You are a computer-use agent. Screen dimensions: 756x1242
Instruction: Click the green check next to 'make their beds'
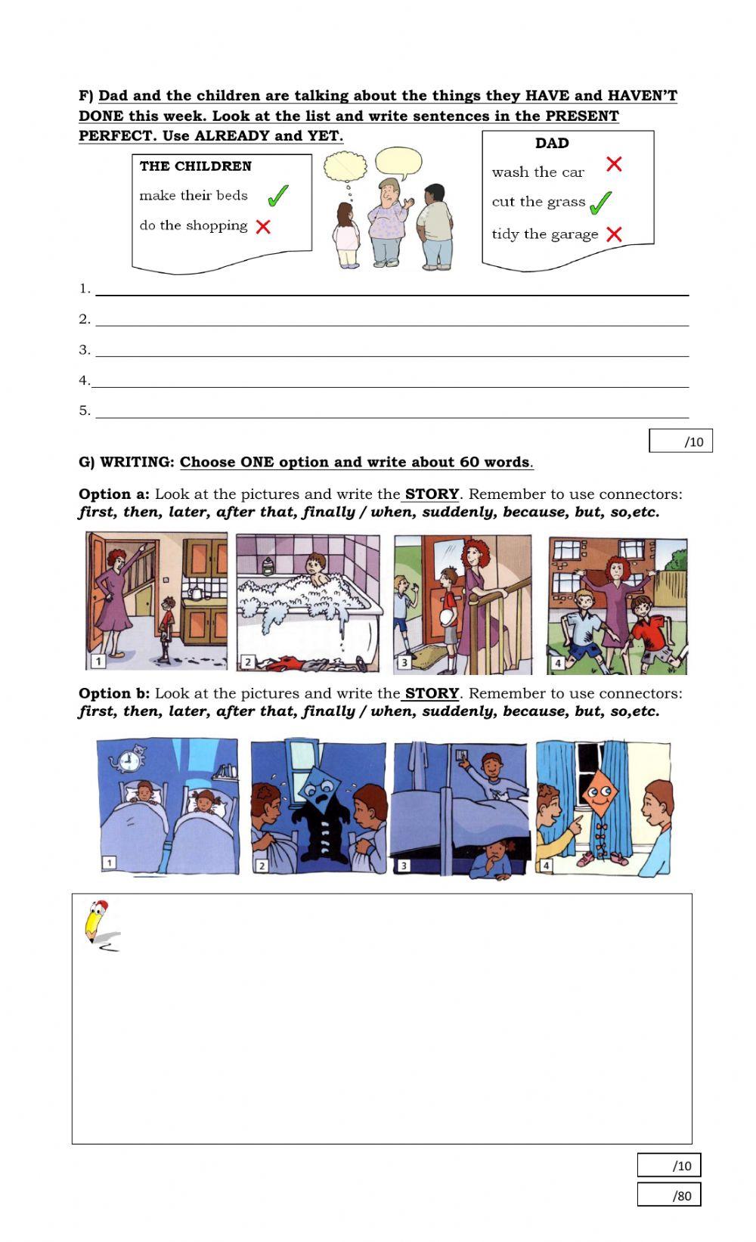(x=277, y=195)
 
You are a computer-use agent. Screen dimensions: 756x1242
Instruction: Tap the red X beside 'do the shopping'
(x=263, y=226)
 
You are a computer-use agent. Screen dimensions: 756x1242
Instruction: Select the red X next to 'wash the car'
(x=613, y=164)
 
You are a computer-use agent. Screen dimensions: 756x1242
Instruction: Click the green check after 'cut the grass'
(x=600, y=203)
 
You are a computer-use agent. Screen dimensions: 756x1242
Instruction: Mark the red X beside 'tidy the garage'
(x=613, y=234)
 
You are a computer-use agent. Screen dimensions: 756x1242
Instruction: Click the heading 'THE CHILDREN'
(x=195, y=166)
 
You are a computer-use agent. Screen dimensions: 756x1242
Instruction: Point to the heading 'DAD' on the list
(x=552, y=143)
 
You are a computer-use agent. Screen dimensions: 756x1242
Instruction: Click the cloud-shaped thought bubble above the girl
(x=345, y=166)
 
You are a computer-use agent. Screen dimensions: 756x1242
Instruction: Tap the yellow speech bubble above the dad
(x=398, y=162)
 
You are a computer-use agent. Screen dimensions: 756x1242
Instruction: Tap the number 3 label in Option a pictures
(x=404, y=662)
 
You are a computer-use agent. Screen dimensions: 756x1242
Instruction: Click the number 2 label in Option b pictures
(x=262, y=866)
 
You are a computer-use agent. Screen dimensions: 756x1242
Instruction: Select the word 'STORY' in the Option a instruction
(x=432, y=494)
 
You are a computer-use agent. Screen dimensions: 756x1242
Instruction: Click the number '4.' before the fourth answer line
(x=85, y=380)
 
